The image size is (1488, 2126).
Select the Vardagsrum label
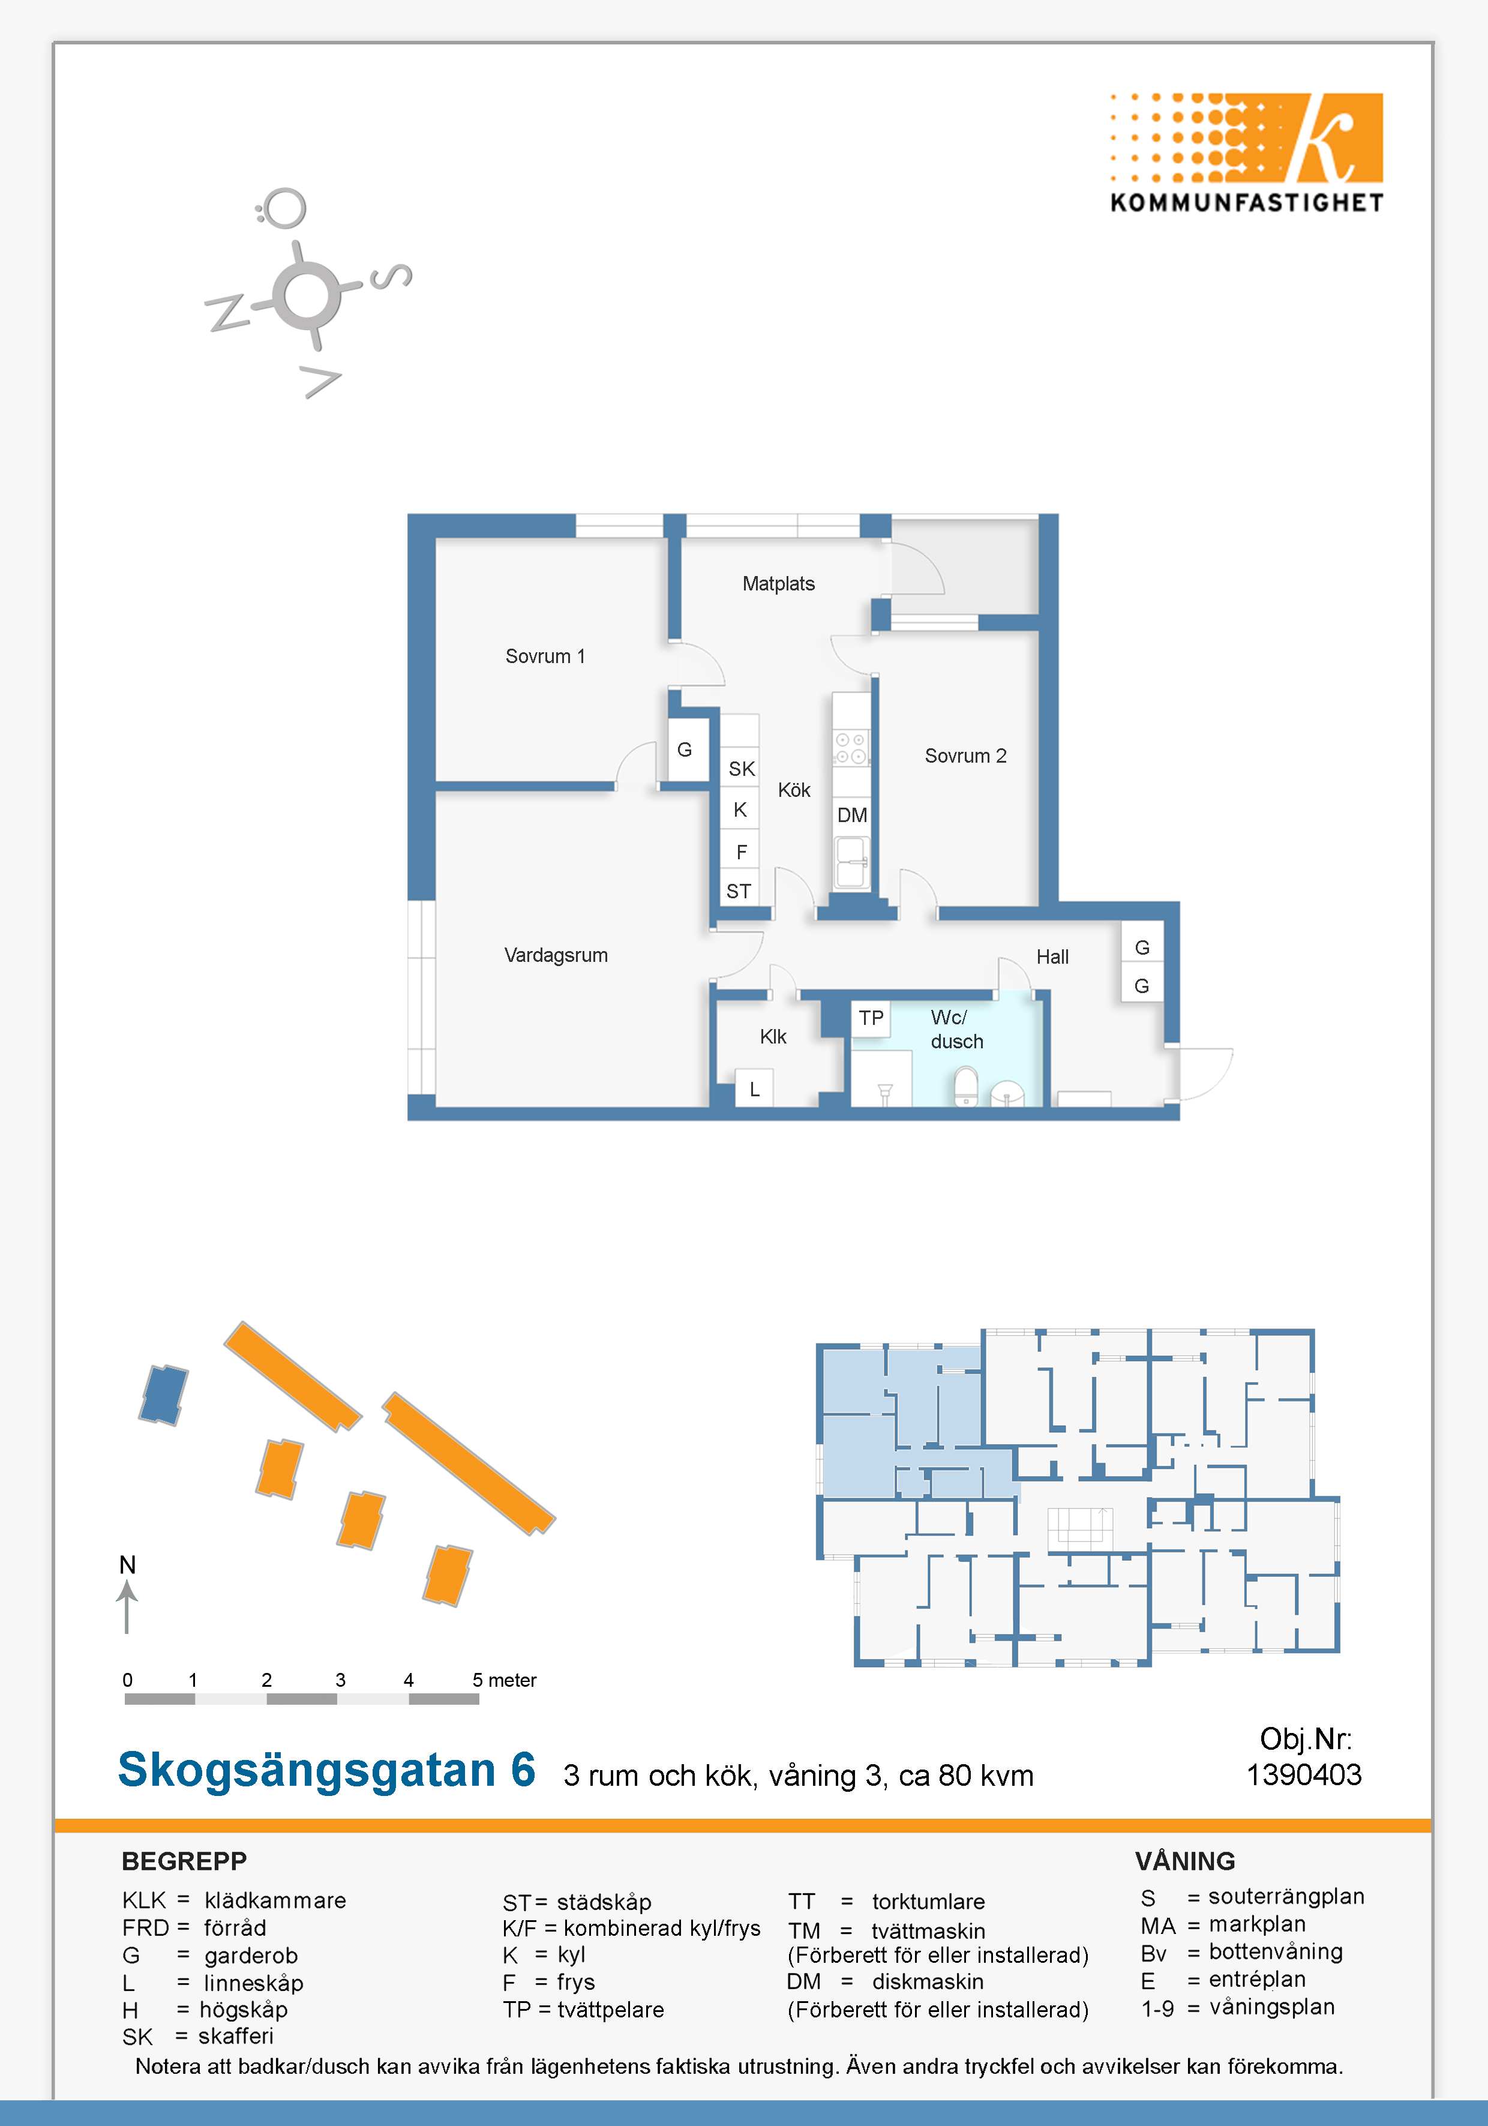[x=556, y=955]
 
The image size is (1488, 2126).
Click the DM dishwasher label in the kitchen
[x=852, y=815]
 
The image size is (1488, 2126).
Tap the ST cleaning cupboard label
[x=738, y=890]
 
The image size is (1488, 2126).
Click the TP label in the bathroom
[x=871, y=1018]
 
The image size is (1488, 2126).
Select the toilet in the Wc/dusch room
[x=966, y=1086]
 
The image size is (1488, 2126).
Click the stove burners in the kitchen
[x=851, y=748]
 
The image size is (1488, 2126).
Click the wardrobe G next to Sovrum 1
[x=684, y=749]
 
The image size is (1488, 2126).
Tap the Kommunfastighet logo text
[x=1246, y=203]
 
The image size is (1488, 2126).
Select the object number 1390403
[x=1304, y=1775]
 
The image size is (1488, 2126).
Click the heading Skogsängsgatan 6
[x=327, y=1770]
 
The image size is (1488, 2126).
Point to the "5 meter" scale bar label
[x=504, y=1680]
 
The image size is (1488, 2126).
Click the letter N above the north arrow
[x=128, y=1565]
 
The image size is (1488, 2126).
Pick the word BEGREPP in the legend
[x=184, y=1861]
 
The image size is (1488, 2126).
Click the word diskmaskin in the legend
[x=928, y=1981]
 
